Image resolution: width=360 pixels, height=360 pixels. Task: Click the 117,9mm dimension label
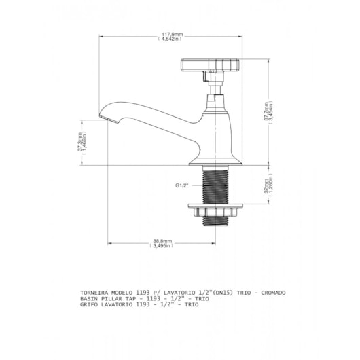pyautogui.click(x=173, y=35)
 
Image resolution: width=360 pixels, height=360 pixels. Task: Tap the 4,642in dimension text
pyautogui.click(x=170, y=39)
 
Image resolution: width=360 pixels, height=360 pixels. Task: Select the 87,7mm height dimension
pyautogui.click(x=266, y=111)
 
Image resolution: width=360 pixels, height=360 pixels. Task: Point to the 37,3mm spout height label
pyautogui.click(x=79, y=142)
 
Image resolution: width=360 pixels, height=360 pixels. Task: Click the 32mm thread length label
pyautogui.click(x=266, y=186)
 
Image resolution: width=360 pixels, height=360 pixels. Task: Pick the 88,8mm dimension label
pyautogui.click(x=162, y=241)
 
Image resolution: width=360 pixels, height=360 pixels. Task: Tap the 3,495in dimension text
pyautogui.click(x=161, y=246)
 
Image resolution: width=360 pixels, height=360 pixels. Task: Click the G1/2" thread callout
pyautogui.click(x=182, y=185)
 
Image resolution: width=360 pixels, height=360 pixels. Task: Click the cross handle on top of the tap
pyautogui.click(x=210, y=65)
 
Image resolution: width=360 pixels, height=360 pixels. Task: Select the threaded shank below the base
pyautogui.click(x=215, y=185)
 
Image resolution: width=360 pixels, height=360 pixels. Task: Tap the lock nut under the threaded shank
pyautogui.click(x=215, y=210)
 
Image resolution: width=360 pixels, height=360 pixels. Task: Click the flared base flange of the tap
pyautogui.click(x=215, y=161)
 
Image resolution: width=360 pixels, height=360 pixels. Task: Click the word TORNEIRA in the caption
pyautogui.click(x=94, y=293)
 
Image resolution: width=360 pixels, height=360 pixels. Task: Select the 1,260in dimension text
pyautogui.click(x=271, y=186)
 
